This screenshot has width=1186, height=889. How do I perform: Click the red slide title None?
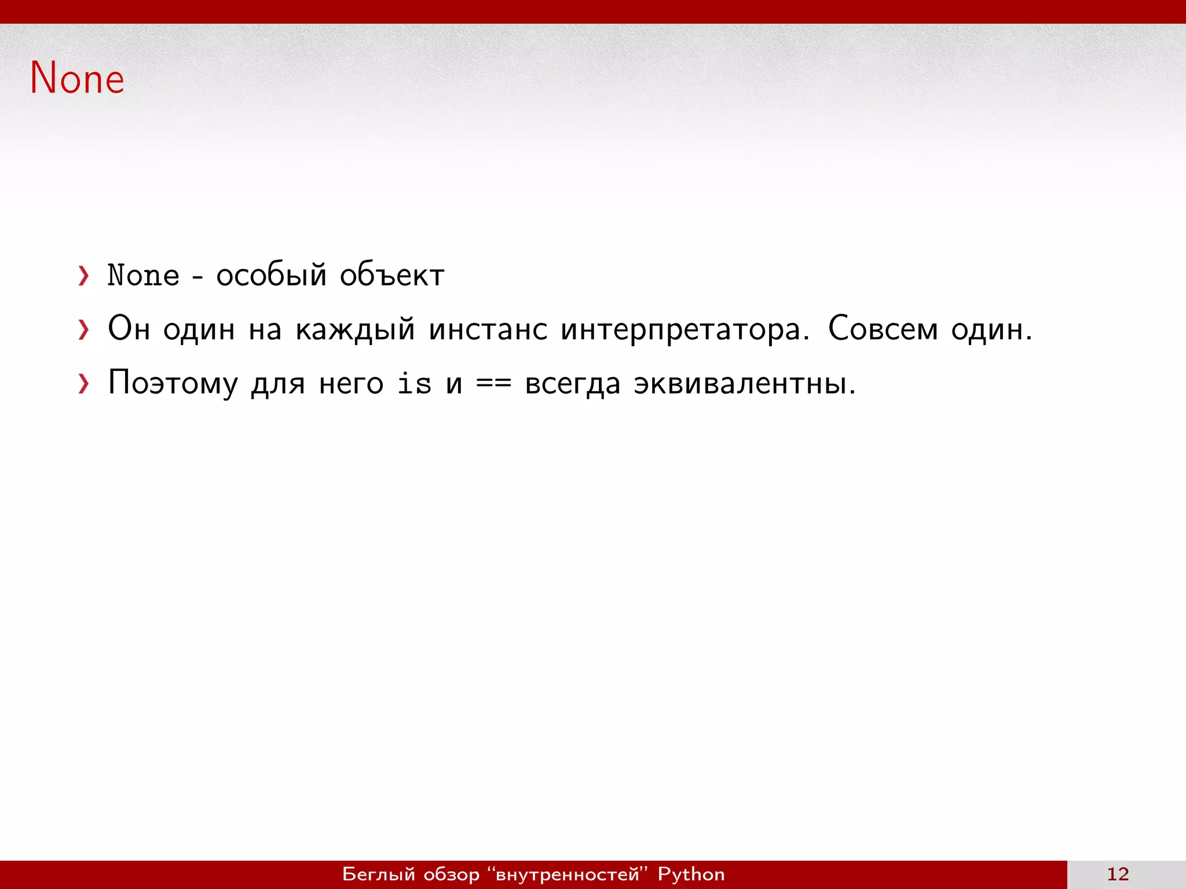pos(77,78)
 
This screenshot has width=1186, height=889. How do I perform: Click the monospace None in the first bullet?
pos(144,275)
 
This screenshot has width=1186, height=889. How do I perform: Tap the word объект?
pos(392,275)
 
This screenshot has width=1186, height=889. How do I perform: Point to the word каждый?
pos(355,330)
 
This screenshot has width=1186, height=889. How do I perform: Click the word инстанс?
pos(488,330)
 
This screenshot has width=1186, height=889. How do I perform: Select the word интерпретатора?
pos(684,330)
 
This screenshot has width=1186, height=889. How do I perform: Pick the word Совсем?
pos(883,329)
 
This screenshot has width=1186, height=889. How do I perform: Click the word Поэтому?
pos(173,384)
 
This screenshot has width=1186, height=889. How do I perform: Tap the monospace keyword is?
pos(414,384)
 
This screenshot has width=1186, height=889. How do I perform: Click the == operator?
pos(493,384)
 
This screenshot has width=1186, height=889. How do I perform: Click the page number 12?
pos(1118,874)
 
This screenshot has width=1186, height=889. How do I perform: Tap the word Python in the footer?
pos(691,874)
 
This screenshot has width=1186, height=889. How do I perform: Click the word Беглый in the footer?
pos(379,874)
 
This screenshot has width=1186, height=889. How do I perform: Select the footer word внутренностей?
pos(568,874)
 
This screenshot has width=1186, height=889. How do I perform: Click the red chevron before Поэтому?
pos(84,384)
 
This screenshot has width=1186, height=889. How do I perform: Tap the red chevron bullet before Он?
pos(84,330)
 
